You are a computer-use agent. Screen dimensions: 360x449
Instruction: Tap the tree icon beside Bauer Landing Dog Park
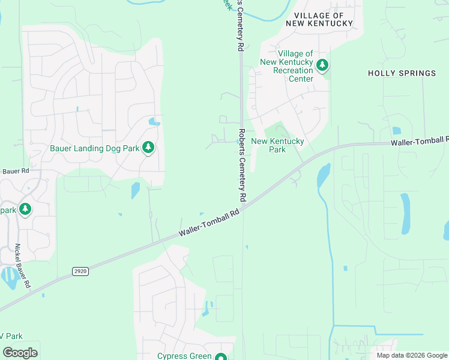click(x=148, y=148)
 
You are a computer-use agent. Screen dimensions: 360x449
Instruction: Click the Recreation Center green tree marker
click(x=322, y=65)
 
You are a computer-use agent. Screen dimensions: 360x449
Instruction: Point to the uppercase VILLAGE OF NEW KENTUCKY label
click(x=319, y=19)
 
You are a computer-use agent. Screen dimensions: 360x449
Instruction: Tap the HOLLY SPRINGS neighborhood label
click(x=402, y=73)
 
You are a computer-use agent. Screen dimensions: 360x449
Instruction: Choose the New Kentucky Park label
click(x=277, y=146)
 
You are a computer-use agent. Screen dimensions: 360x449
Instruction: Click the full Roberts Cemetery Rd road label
click(x=242, y=164)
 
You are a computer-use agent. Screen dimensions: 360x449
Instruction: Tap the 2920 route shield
click(x=80, y=271)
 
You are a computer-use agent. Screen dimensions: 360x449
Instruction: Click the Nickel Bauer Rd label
click(x=22, y=267)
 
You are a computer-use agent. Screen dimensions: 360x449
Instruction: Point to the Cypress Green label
click(x=184, y=356)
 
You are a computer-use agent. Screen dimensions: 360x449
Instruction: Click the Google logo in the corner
click(x=20, y=352)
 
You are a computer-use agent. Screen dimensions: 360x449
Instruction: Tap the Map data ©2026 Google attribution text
click(x=411, y=355)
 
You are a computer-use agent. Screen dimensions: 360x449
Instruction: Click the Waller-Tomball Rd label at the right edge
click(x=420, y=142)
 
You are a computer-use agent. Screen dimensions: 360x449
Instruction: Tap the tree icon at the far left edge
click(x=25, y=209)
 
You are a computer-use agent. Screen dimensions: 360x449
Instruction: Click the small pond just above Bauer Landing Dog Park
click(x=154, y=122)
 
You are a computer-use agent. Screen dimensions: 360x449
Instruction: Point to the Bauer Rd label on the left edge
click(x=14, y=172)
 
